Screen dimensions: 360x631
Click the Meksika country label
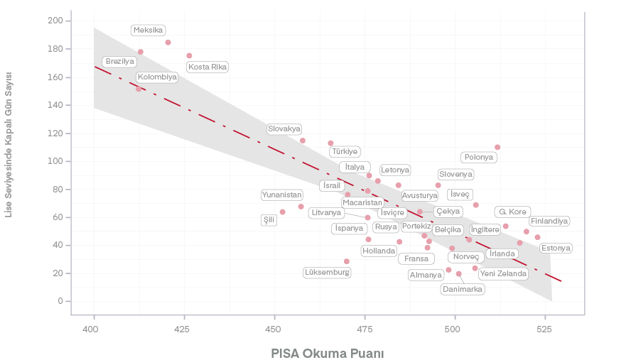click(149, 30)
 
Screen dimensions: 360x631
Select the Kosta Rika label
click(207, 67)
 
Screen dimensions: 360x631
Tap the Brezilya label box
click(119, 62)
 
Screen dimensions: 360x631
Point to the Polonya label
click(478, 157)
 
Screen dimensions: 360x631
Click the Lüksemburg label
click(327, 272)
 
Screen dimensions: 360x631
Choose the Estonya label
click(556, 248)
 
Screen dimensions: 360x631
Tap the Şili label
click(269, 220)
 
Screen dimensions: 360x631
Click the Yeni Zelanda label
click(503, 273)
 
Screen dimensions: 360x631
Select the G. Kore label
click(512, 212)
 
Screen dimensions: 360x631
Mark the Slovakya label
click(284, 129)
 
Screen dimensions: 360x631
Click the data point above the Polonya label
click(497, 147)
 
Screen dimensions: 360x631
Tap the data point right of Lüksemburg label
click(347, 261)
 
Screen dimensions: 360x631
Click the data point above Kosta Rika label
click(189, 55)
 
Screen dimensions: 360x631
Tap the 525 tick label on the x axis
click(545, 329)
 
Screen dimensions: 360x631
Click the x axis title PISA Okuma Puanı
click(328, 353)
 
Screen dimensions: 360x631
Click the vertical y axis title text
click(9, 145)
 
